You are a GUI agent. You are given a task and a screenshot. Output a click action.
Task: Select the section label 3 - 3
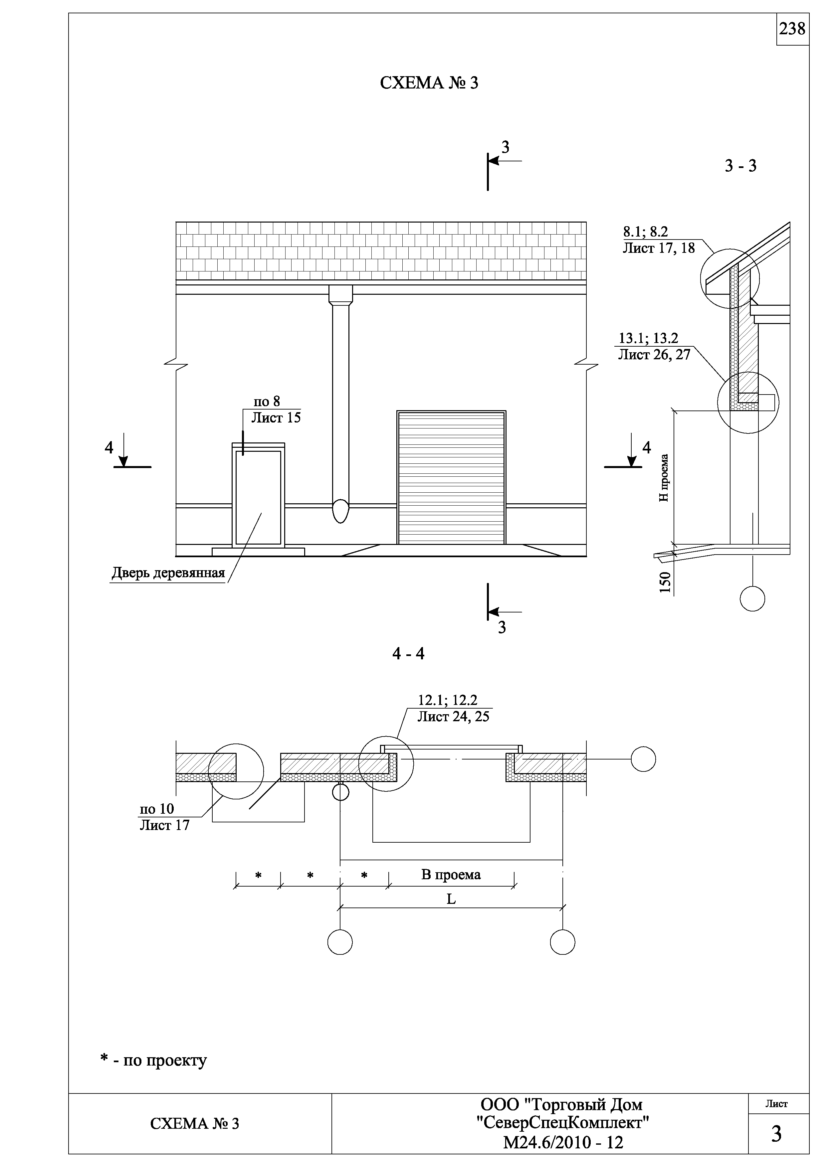740,166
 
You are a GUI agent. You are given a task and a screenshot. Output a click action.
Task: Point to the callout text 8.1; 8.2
646,232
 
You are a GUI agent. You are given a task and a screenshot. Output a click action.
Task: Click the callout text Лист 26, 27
654,354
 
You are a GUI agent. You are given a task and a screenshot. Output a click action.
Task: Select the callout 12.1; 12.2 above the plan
447,700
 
